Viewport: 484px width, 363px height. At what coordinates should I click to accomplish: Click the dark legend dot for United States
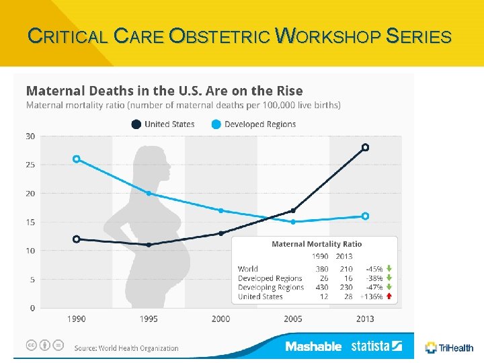[136, 124]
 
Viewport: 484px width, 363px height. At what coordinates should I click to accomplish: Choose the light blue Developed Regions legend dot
[216, 124]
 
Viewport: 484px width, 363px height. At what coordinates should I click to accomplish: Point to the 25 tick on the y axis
[30, 165]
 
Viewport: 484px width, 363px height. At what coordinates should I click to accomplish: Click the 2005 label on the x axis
[292, 319]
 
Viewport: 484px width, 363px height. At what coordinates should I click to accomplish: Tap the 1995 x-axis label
[149, 319]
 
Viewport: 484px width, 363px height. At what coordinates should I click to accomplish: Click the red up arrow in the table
[389, 296]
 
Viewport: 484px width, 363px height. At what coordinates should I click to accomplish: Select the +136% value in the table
[371, 296]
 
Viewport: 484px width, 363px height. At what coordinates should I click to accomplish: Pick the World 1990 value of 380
[321, 269]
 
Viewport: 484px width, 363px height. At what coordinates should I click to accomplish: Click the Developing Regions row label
[271, 288]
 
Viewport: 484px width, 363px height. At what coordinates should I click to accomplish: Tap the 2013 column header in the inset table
[344, 256]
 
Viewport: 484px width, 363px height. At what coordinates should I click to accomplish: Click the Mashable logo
[313, 346]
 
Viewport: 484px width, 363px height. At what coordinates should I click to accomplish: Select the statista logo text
[370, 346]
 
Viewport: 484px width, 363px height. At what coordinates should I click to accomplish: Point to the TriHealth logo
[449, 348]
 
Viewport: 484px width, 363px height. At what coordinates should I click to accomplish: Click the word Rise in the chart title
[288, 91]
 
